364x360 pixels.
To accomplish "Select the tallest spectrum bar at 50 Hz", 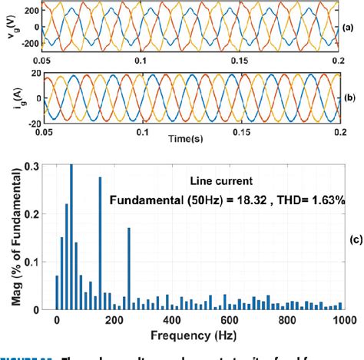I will [x=71, y=238].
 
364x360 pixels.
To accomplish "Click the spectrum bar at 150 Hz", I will [x=100, y=243].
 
